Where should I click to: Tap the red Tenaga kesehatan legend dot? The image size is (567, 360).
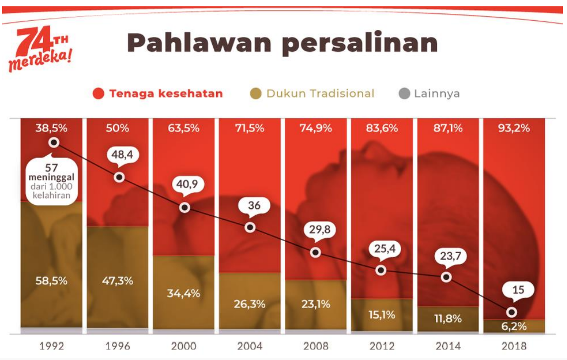98,93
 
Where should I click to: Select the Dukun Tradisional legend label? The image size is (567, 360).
320,93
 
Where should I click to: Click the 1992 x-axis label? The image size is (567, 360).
52,346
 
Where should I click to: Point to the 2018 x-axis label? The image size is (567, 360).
514,346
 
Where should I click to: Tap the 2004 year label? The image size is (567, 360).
249,346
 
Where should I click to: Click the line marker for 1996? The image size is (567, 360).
119,177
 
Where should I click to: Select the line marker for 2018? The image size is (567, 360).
512,312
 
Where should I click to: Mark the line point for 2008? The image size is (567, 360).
316,252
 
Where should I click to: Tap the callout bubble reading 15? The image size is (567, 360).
518,289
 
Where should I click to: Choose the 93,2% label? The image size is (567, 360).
514,128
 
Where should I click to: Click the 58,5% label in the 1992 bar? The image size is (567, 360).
52,280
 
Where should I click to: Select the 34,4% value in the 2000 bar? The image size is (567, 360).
183,293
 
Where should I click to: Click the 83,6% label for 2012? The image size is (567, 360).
381,128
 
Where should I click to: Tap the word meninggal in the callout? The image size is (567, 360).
51,178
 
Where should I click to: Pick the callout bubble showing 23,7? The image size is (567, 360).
450,257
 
